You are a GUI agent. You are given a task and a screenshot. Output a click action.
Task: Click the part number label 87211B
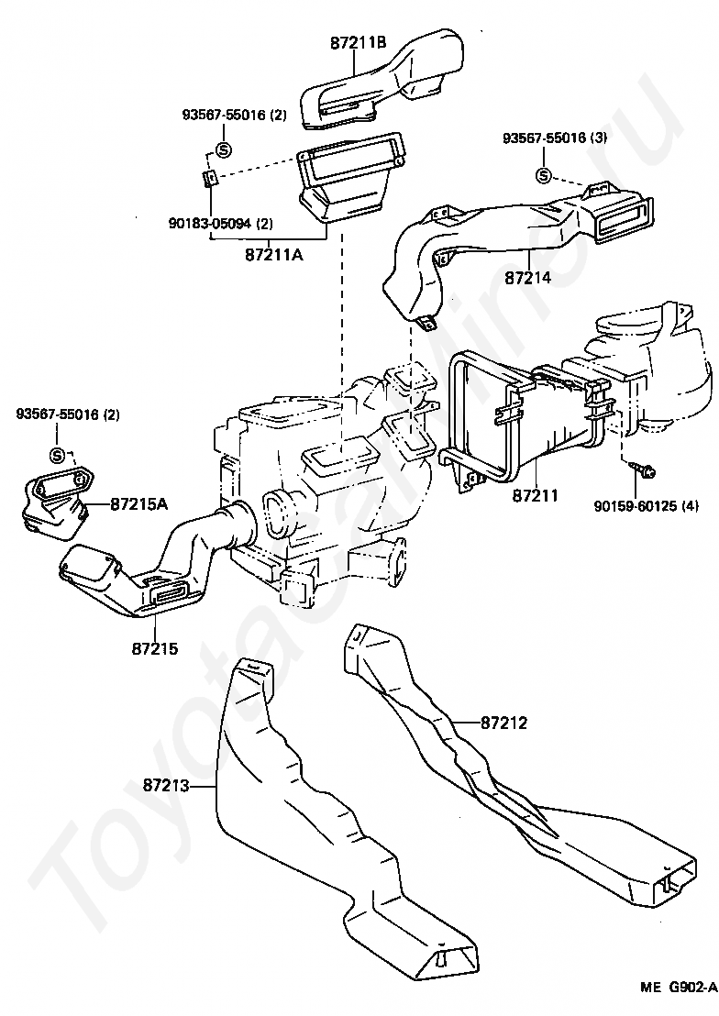tap(358, 43)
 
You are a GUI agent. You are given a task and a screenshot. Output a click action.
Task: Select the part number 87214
tap(528, 275)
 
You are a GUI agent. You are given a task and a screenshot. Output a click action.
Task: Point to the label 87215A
tap(139, 503)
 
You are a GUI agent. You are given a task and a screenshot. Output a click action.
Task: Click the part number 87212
tap(503, 723)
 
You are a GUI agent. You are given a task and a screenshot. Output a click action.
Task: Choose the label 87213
tap(168, 785)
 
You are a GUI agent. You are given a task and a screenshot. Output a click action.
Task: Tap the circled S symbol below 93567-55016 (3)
tap(544, 176)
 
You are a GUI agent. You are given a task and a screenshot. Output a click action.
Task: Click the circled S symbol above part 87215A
tap(57, 455)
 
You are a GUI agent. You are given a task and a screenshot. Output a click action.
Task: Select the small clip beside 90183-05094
tap(209, 177)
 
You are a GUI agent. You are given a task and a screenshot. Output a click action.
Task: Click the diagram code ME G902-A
tap(678, 988)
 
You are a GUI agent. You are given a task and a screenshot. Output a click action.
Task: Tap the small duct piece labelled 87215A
tap(53, 500)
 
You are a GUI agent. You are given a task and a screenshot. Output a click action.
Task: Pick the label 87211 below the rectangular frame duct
tap(536, 496)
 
